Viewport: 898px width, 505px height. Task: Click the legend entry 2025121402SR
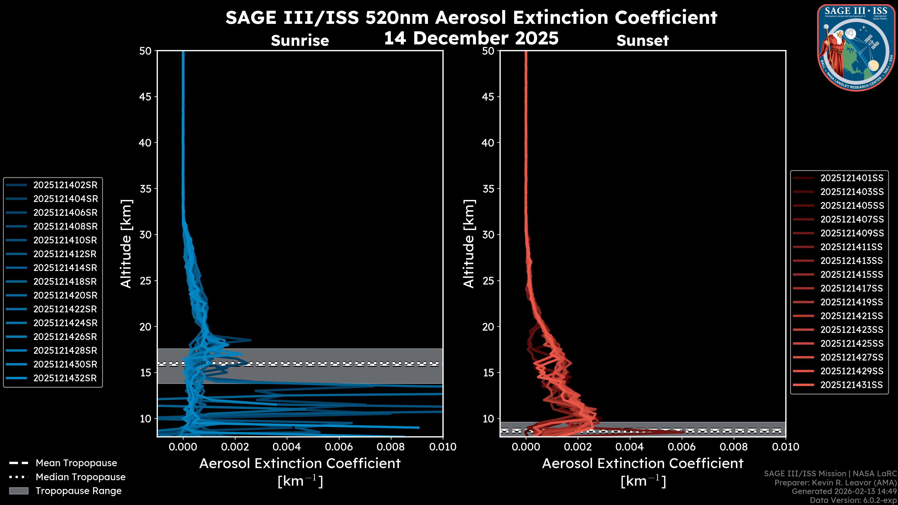click(65, 185)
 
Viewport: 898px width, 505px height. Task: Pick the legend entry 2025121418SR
click(65, 281)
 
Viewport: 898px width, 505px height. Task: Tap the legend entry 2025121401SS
click(852, 178)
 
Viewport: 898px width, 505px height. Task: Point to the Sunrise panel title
click(300, 41)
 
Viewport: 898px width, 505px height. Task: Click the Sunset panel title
click(642, 41)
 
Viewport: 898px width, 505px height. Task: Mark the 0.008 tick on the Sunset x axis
click(734, 447)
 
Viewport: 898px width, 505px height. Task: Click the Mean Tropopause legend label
click(76, 463)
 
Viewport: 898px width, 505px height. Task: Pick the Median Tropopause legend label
click(80, 477)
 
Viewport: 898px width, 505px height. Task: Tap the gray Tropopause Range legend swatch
click(18, 491)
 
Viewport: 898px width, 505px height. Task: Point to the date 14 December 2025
click(471, 38)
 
